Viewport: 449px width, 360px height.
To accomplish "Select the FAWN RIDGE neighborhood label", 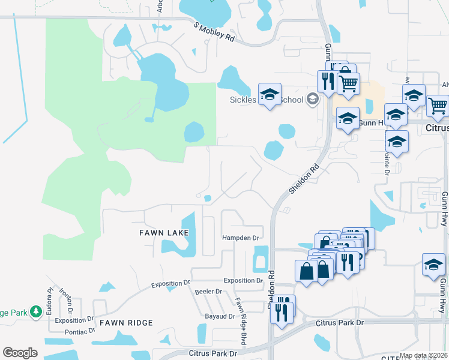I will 125,323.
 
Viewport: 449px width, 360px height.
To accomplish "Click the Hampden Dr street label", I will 240,238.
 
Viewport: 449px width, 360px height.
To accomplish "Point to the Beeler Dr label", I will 208,292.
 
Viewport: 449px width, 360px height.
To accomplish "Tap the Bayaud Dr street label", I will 218,315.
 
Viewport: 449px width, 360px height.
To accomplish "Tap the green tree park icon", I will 36,311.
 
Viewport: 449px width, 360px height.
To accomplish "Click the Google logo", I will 20,353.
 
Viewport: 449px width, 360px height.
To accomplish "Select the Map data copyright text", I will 423,356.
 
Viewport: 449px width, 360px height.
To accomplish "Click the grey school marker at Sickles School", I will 312,99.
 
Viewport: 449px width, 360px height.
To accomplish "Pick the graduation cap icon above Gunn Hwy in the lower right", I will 433,264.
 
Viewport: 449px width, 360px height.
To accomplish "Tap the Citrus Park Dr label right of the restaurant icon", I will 340,323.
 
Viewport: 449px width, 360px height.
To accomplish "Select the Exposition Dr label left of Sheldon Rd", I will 243,280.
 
